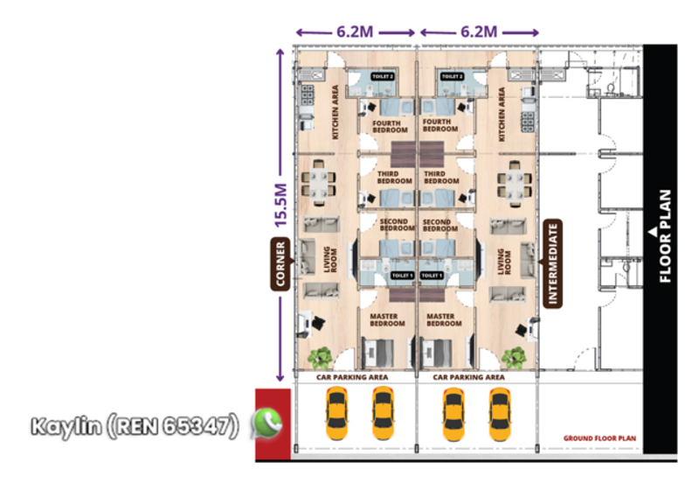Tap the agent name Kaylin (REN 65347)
point(135,426)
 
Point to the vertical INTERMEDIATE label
point(551,262)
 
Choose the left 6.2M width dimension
point(356,31)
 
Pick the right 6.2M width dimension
point(478,31)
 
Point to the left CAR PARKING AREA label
point(352,377)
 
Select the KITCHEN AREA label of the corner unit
point(335,112)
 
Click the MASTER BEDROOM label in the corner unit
point(387,320)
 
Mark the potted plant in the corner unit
point(320,357)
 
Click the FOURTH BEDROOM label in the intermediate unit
point(436,127)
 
